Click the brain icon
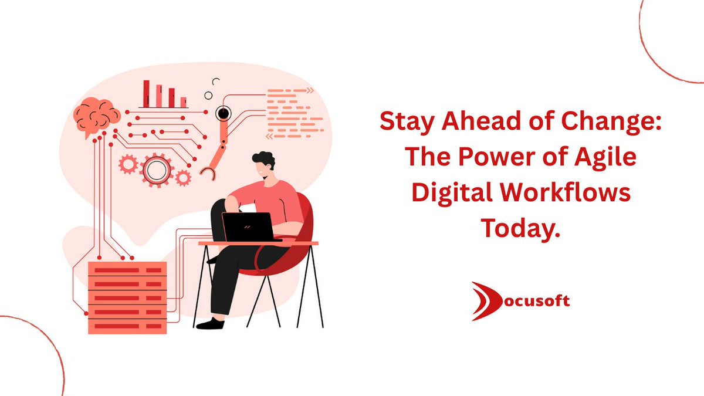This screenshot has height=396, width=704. click(96, 116)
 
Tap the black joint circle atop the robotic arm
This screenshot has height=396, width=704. click(222, 113)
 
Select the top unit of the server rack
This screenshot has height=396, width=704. click(127, 270)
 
